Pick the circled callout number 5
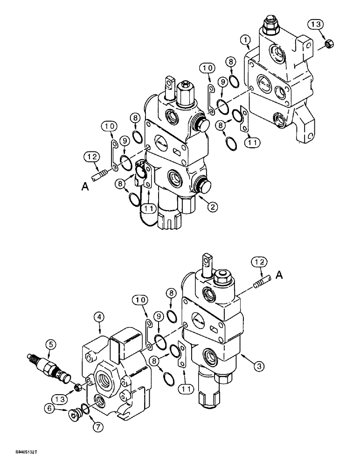point(51,345)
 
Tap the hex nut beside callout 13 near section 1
point(328,44)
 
